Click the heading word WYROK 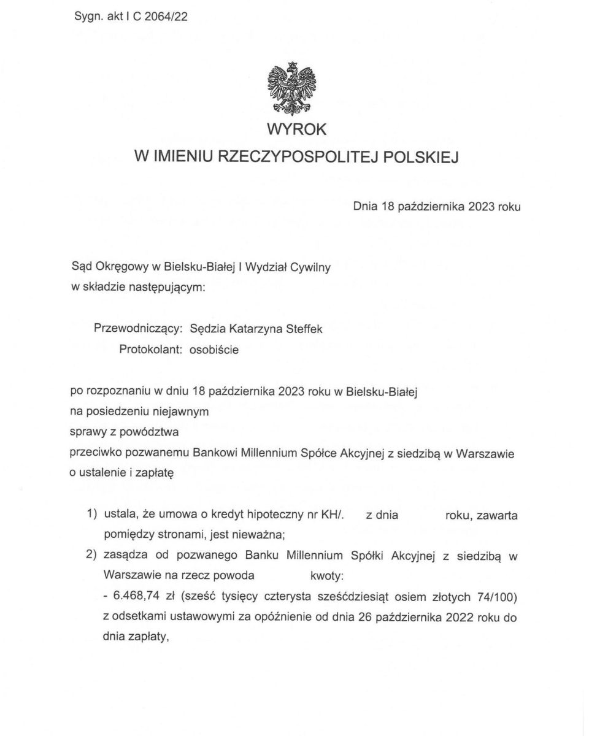coord(296,130)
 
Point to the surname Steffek coord(304,329)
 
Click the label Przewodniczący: coord(138,329)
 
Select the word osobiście coord(214,350)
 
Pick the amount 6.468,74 coord(133,597)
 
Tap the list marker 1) coord(93,514)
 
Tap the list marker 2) coord(93,556)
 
